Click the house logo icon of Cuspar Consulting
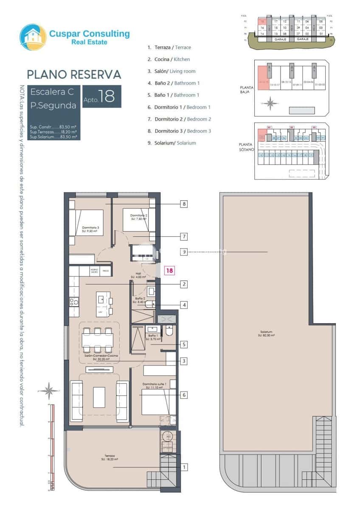[x=33, y=37]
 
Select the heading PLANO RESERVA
[x=74, y=74]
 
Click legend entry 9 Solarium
[x=172, y=143]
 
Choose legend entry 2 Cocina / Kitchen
[x=169, y=59]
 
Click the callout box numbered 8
[x=184, y=204]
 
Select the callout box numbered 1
[x=184, y=467]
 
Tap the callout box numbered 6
[x=184, y=395]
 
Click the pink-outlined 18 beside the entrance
[x=169, y=270]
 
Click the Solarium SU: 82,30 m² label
[x=267, y=333]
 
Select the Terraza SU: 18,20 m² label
[x=109, y=458]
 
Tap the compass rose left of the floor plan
[x=49, y=390]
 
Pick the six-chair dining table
[x=98, y=340]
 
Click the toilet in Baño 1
[x=169, y=331]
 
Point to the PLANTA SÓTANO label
[x=246, y=147]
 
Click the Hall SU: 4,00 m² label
[x=138, y=275]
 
